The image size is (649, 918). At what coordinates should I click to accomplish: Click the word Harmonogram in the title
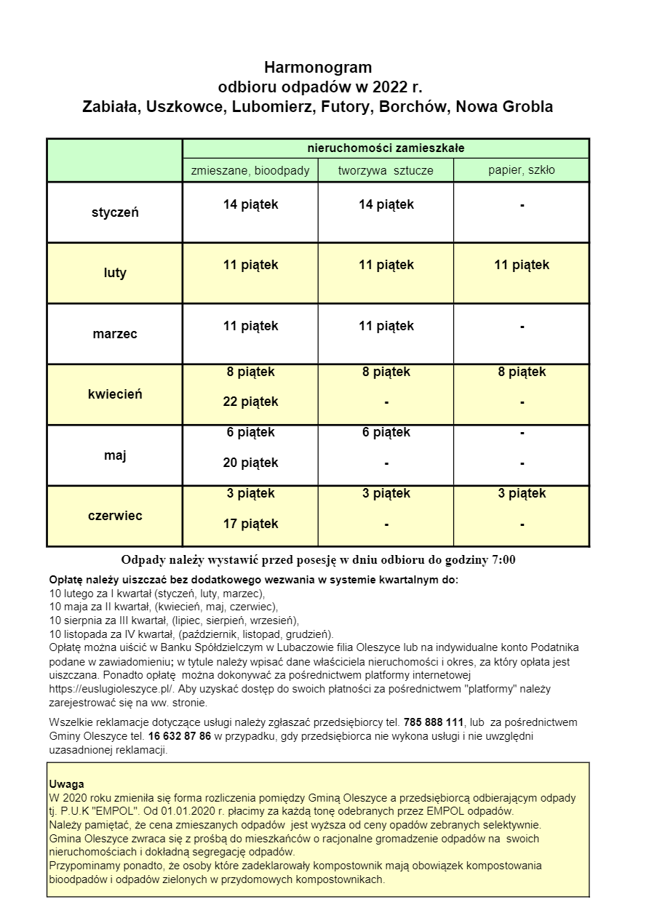click(318, 68)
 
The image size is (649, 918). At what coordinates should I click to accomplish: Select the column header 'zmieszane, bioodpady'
click(250, 171)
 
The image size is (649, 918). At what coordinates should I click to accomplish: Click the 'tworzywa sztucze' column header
click(386, 171)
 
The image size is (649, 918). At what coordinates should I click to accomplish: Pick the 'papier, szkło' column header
click(521, 170)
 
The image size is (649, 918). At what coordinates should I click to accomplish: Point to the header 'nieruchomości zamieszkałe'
click(386, 148)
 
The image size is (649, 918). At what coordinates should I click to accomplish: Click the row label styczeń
click(115, 213)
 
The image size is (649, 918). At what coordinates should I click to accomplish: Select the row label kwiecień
click(115, 394)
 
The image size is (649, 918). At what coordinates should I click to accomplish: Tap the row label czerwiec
click(115, 516)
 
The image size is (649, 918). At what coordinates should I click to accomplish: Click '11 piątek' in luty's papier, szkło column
click(522, 265)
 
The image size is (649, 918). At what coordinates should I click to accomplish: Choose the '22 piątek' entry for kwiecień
click(250, 402)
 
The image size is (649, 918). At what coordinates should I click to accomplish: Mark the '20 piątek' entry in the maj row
click(250, 463)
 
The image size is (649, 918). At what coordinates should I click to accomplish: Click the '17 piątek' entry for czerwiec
click(250, 524)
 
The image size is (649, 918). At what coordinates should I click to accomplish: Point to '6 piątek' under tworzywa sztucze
click(386, 432)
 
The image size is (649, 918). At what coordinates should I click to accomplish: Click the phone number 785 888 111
click(433, 722)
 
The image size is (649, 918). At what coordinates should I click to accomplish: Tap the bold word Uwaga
click(67, 784)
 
